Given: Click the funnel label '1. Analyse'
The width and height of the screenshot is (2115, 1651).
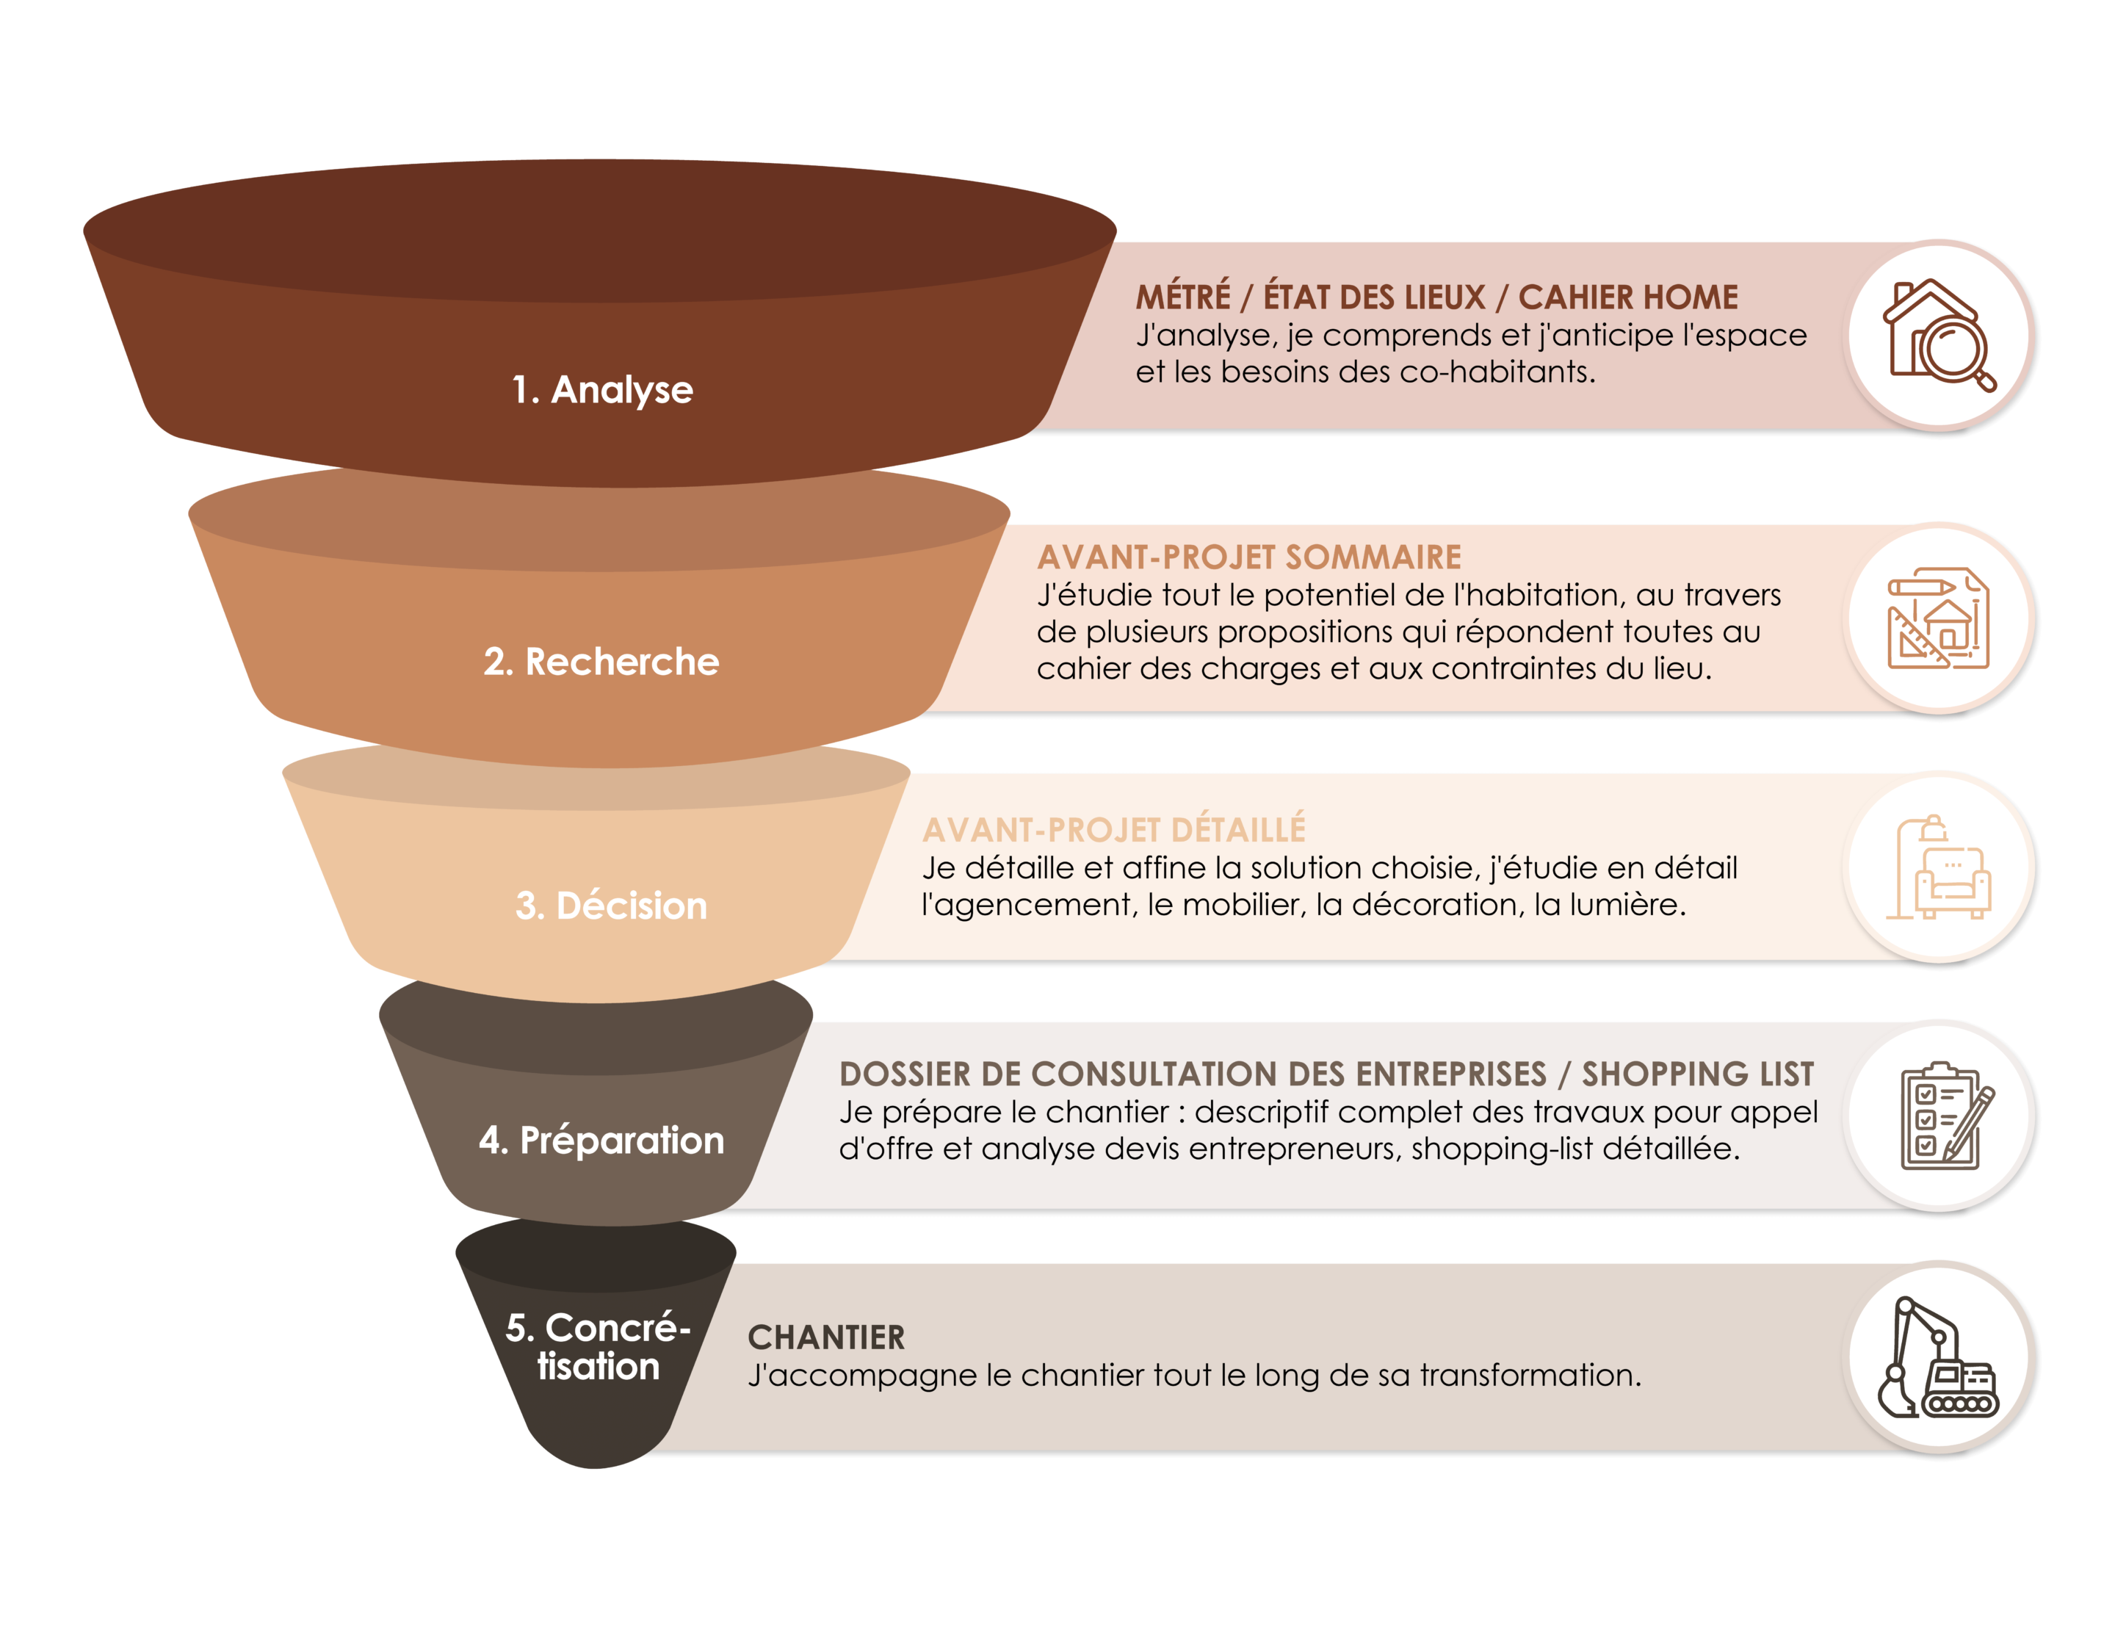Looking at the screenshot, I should tap(602, 390).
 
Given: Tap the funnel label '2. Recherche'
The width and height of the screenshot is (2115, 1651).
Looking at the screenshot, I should tap(601, 662).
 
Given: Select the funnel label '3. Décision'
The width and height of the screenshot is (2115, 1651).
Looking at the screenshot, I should tap(611, 906).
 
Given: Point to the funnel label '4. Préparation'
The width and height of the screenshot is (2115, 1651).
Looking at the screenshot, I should tap(601, 1141).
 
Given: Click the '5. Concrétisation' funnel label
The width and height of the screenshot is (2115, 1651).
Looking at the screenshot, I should tap(598, 1347).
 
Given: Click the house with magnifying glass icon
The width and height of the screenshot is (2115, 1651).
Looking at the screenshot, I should tap(1939, 335).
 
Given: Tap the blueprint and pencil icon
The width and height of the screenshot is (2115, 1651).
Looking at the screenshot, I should tap(1939, 618).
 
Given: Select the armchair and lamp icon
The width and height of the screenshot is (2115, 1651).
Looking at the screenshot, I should tap(1939, 867).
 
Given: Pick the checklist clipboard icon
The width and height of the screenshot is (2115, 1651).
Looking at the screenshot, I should tap(1939, 1116).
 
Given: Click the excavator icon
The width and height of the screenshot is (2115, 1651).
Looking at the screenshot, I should tap(1939, 1356).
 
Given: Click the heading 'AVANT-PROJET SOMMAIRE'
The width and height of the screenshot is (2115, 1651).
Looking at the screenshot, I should tap(1249, 557).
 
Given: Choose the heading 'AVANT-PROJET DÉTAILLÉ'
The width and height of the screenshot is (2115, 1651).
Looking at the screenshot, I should tap(1113, 831).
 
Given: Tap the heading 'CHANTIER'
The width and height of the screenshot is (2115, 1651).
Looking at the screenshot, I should tap(826, 1338).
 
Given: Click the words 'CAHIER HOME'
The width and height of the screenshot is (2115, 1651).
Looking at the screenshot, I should tap(1628, 297).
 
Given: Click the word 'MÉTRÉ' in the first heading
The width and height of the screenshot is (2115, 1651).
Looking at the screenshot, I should tap(1182, 297).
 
